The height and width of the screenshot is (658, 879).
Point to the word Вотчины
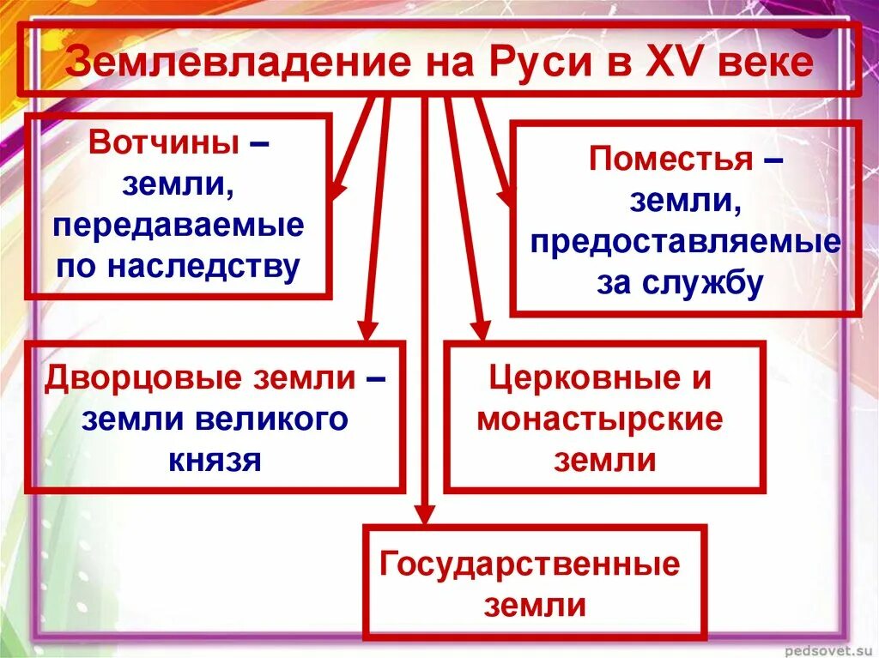click(164, 142)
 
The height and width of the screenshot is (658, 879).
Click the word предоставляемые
click(685, 243)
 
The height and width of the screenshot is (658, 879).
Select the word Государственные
click(530, 564)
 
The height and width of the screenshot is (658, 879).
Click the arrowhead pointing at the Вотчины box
click(336, 190)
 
